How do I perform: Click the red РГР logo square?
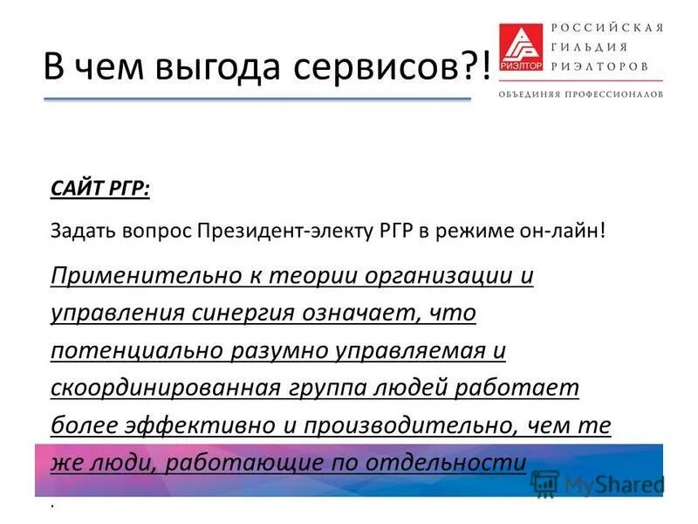(x=521, y=48)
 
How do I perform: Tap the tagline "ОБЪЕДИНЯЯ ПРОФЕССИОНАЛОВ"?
(x=580, y=93)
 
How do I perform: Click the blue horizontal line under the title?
(x=257, y=99)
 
